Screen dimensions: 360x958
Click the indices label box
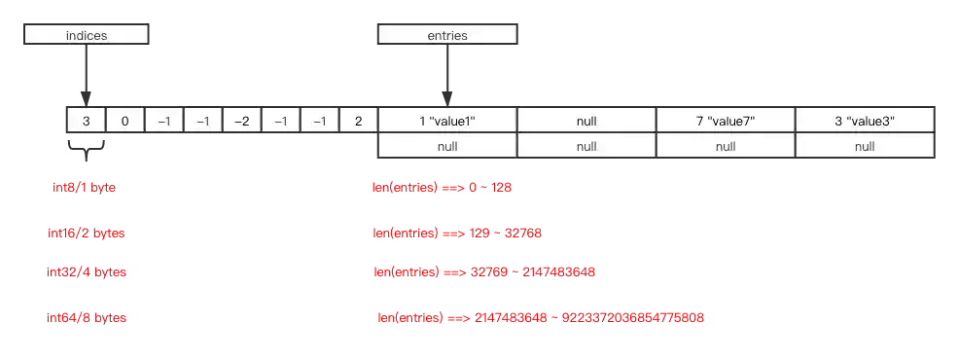[x=87, y=35]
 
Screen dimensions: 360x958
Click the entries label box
[x=447, y=35]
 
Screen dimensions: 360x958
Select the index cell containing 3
[x=86, y=121]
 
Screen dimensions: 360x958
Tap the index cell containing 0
[x=124, y=121]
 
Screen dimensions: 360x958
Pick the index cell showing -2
[x=241, y=121]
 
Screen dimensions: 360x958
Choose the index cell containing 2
[x=358, y=121]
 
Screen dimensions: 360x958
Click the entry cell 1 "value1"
[x=447, y=121]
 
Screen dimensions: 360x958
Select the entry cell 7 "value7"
[x=726, y=121]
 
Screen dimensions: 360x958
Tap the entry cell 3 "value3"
[x=865, y=121]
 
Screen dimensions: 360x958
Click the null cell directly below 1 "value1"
[x=447, y=146]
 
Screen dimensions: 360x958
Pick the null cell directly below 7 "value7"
[x=726, y=146]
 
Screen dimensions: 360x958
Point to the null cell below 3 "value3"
[x=865, y=146]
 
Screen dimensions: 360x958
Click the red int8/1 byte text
[x=83, y=187]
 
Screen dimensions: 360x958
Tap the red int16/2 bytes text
[x=87, y=234]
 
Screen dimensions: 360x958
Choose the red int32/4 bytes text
[x=89, y=272]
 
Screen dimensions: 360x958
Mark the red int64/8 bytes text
[x=89, y=318]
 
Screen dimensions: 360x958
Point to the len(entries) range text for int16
[x=458, y=234]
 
